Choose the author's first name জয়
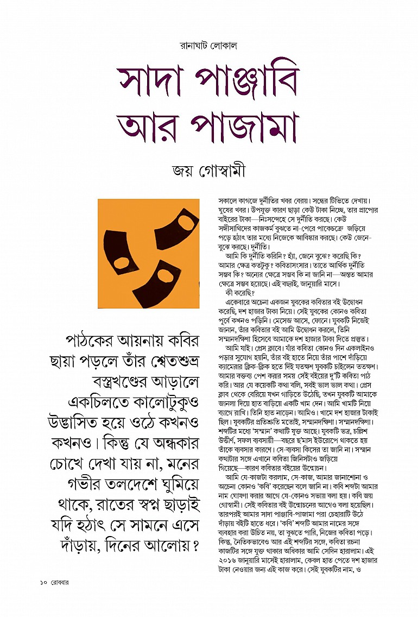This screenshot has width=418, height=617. coord(183,172)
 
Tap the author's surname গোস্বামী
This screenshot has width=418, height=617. coord(221,172)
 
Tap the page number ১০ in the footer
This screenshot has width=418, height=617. coord(44,583)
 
